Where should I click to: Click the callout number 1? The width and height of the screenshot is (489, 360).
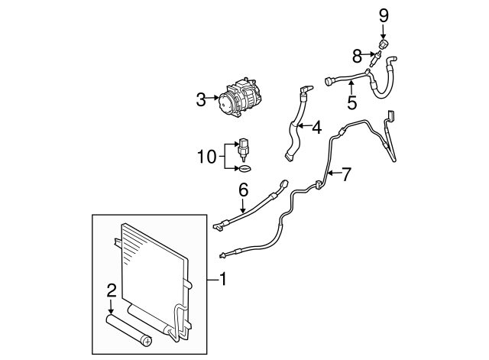[223, 279]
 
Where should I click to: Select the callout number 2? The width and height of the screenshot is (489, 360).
[112, 290]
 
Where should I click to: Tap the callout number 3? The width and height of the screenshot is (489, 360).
[201, 100]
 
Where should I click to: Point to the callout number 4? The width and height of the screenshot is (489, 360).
[317, 128]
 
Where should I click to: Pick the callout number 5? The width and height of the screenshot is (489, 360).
[351, 103]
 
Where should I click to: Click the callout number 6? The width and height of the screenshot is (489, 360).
[243, 190]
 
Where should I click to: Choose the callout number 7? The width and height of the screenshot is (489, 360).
[346, 174]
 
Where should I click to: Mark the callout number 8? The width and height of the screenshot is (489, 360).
[357, 57]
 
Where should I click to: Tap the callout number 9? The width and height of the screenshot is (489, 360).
[384, 16]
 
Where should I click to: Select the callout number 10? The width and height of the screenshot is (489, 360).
[207, 157]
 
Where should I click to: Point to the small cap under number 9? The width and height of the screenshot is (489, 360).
[384, 44]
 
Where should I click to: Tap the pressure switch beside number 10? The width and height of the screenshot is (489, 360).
[243, 150]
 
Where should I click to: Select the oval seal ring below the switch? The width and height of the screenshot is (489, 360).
[244, 169]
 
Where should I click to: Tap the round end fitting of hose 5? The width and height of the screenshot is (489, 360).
[329, 81]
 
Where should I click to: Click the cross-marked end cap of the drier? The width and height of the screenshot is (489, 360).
[147, 341]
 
